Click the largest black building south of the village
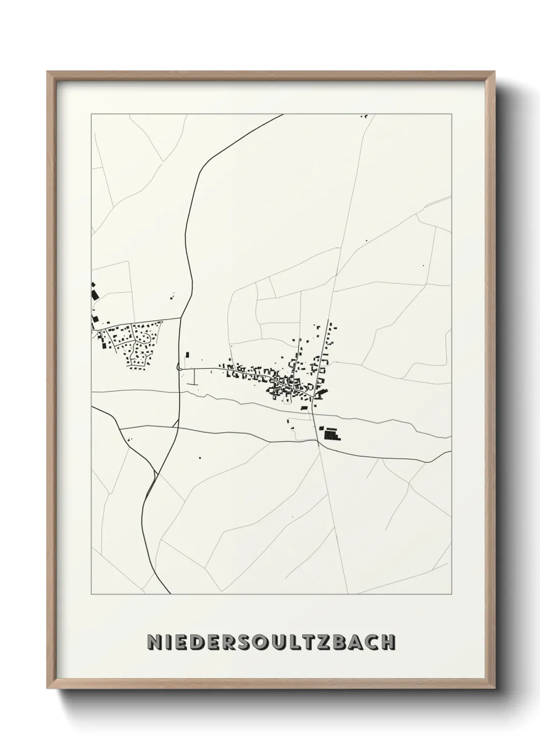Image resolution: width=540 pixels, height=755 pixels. (332, 434)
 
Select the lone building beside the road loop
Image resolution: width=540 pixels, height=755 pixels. (187, 355)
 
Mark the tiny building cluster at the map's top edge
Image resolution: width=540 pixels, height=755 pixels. (364, 116)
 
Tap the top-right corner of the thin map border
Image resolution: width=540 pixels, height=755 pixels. (451, 114)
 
